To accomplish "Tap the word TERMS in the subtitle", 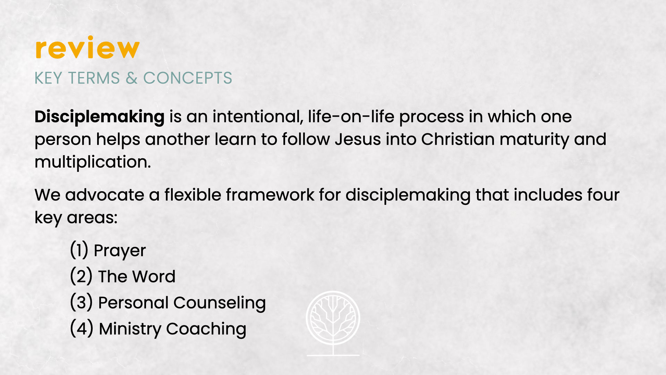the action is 94,78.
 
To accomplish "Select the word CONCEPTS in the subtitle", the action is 188,78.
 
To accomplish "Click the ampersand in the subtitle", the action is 131,78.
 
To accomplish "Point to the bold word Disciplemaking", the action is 100,117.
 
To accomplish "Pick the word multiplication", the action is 93,162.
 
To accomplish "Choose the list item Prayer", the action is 120,251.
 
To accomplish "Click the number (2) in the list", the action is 81,276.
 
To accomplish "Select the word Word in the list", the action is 154,277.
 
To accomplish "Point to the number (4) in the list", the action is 82,328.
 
